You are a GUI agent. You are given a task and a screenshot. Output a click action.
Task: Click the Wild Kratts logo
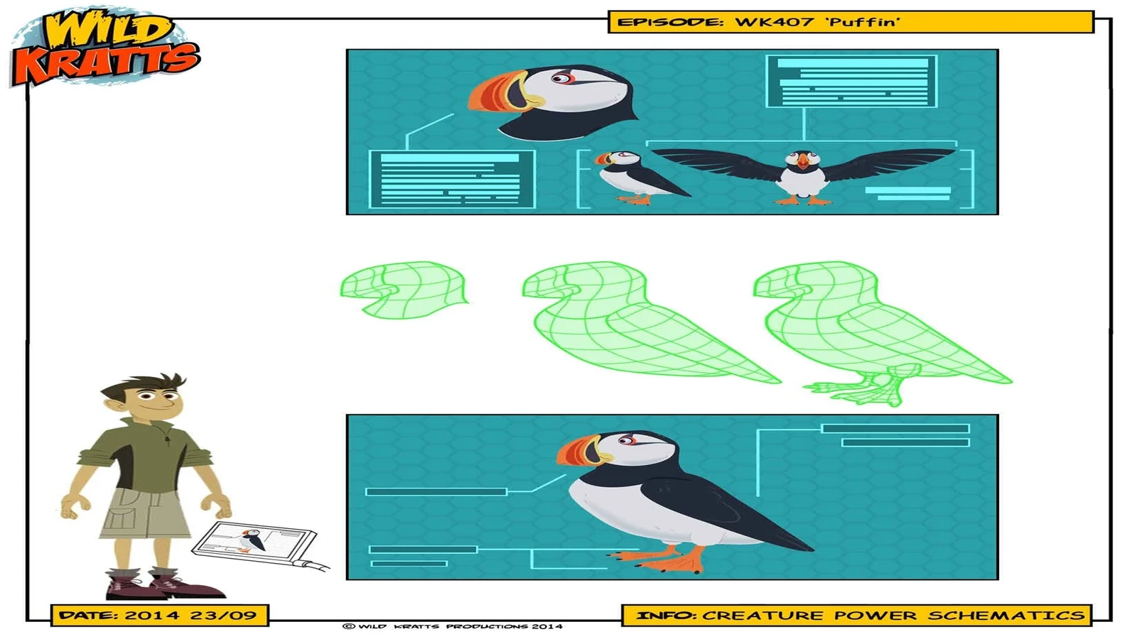[x=105, y=49]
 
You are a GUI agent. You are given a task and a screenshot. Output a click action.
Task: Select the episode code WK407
[x=775, y=22]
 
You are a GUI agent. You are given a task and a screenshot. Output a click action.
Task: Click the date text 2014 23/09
[x=191, y=616]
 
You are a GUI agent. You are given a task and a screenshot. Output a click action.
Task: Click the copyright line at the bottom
[x=453, y=626]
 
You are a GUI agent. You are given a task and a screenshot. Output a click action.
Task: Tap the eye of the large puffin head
[x=561, y=79]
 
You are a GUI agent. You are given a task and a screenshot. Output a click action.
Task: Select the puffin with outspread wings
[x=804, y=175]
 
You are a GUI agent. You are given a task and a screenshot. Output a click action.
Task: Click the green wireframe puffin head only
[x=404, y=290]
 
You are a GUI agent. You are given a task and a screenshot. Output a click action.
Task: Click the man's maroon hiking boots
[x=163, y=585]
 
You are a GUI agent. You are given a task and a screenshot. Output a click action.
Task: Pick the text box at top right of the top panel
[x=852, y=81]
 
